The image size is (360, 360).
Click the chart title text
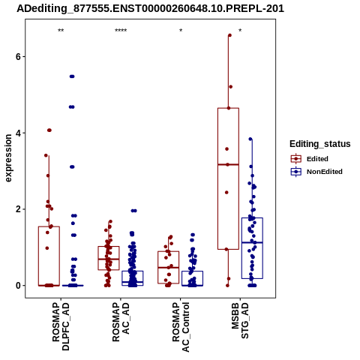150,9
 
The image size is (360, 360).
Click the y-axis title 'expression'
8,158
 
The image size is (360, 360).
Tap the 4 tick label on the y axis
18,133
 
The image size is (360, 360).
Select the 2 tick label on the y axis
18,209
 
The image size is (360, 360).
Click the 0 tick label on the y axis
18,286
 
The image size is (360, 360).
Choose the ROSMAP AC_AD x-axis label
121,322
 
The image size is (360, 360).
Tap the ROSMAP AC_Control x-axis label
181,327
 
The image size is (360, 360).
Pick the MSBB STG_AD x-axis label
240,320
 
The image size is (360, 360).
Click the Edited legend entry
310,159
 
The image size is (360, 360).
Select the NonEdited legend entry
316,172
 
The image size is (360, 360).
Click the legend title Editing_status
320,144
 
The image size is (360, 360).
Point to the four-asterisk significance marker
121,31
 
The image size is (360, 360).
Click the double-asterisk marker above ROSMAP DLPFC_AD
61,31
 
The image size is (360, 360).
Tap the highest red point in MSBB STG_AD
229,35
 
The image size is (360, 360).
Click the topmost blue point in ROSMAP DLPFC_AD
72,76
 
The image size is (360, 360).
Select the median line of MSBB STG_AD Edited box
228,164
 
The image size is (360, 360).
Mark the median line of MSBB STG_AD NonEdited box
252,242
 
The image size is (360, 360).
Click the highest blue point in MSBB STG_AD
250,139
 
